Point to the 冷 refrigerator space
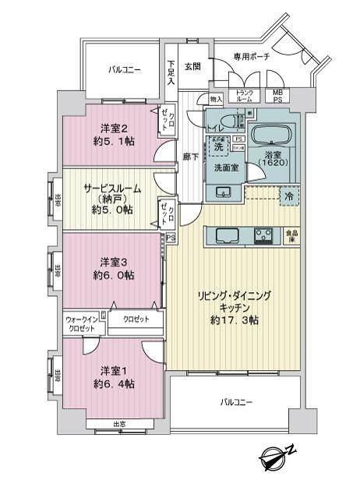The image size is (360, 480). [x=288, y=196]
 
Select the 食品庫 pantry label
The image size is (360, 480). [x=290, y=234]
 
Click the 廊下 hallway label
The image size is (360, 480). [x=189, y=156]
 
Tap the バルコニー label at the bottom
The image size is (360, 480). [x=236, y=402]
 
